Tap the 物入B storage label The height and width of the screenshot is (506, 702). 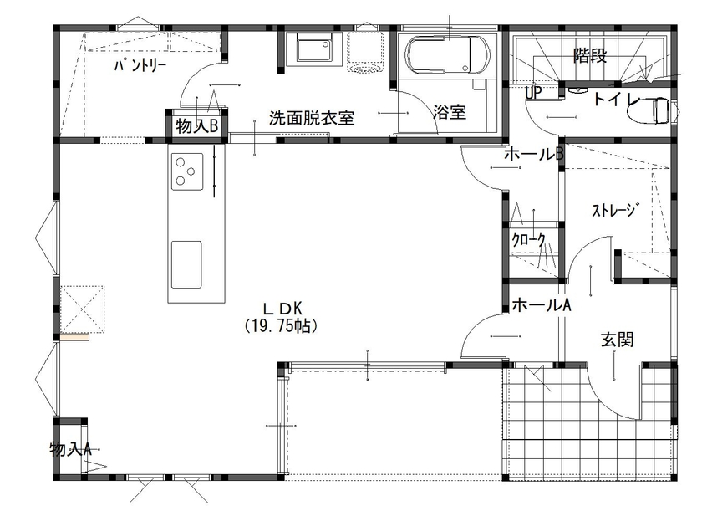click(x=197, y=126)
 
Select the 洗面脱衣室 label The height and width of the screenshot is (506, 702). click(x=312, y=118)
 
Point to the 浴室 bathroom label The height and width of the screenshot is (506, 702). click(x=450, y=113)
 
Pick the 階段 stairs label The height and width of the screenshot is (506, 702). click(x=589, y=56)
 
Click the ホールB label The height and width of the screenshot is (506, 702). click(x=534, y=155)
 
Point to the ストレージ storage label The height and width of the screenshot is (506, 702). click(x=615, y=210)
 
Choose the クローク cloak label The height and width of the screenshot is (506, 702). click(x=529, y=241)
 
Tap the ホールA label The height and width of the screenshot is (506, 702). click(x=541, y=305)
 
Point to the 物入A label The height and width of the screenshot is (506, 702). click(x=70, y=448)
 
